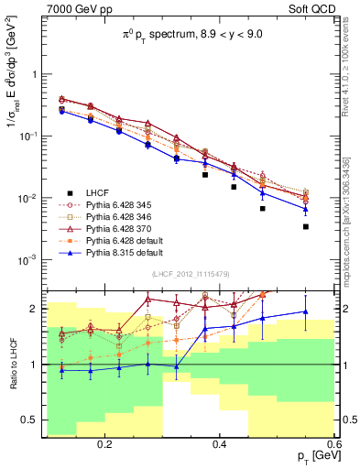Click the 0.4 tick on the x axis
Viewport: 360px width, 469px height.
tap(220, 444)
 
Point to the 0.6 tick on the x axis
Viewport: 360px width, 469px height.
tap(334, 444)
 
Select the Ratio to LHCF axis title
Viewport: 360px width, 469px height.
tap(12, 365)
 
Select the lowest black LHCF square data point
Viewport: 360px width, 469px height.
tap(306, 226)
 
